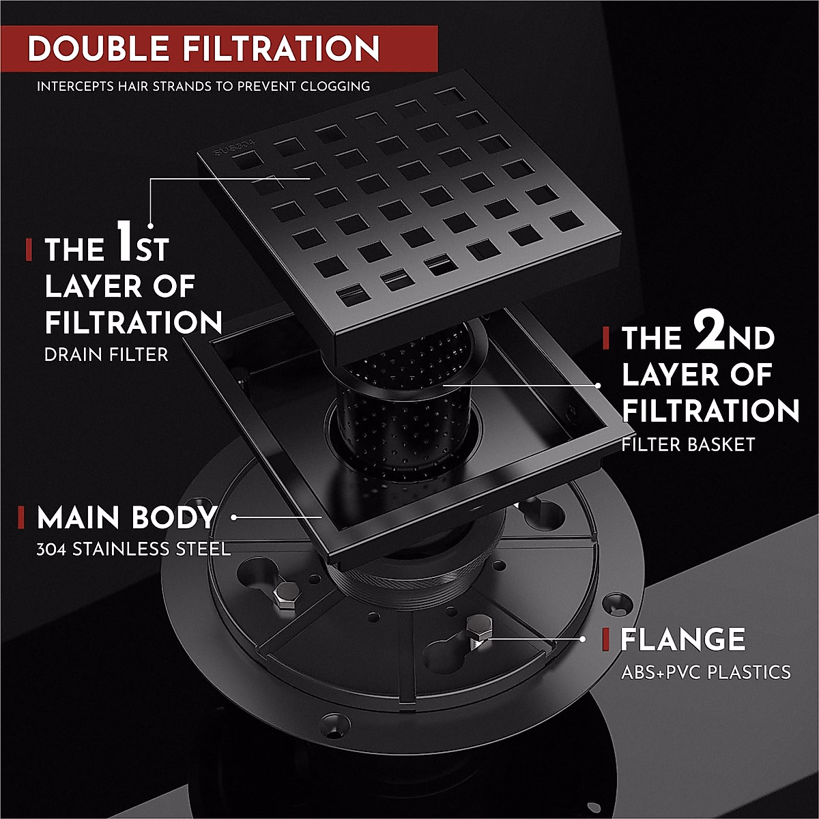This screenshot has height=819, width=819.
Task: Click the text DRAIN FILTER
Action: (106, 355)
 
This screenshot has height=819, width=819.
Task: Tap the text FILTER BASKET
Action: (688, 445)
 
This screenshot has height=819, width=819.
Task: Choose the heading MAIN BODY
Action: (126, 519)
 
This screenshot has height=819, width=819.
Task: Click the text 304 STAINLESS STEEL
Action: (134, 549)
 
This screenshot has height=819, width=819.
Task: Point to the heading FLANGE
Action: (682, 640)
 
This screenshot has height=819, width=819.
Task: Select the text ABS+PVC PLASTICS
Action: (706, 672)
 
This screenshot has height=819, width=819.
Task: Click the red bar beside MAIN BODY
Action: (21, 518)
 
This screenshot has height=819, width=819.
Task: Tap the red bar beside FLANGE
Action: (605, 640)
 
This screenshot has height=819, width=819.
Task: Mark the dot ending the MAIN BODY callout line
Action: (234, 517)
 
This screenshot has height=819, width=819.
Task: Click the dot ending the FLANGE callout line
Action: (582, 640)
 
